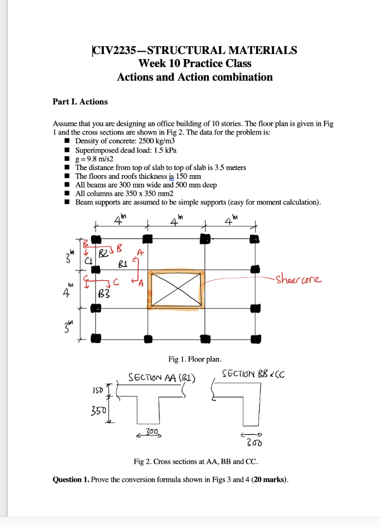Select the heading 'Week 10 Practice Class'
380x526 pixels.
pos(195,64)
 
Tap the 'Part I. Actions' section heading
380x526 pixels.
pos(80,102)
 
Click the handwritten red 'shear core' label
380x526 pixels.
pos(299,280)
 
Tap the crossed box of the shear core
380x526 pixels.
pos(175,289)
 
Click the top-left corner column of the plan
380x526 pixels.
pos(95,239)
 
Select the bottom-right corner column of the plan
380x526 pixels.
pos(254,339)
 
